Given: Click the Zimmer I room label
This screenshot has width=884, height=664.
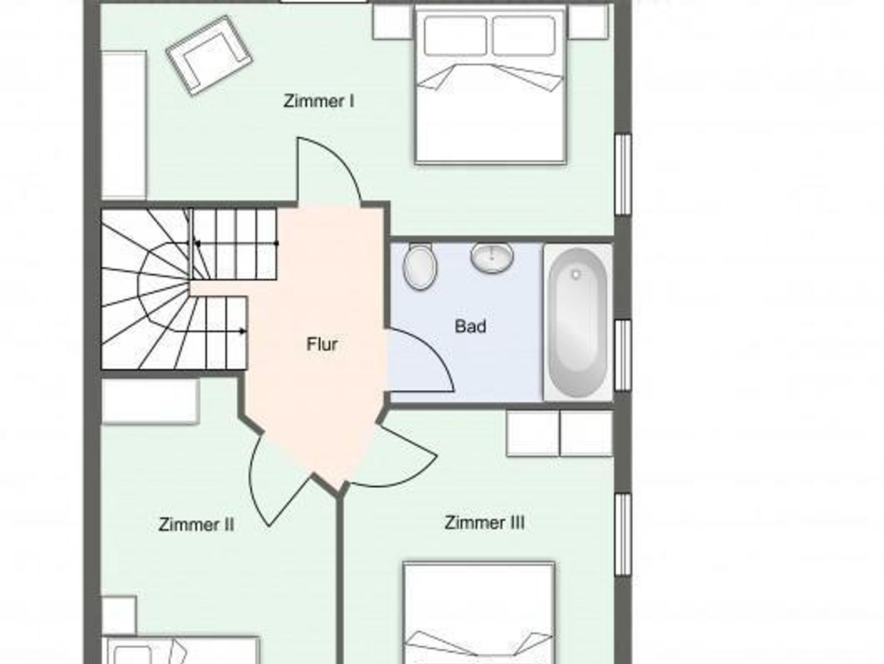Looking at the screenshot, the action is coord(319,101).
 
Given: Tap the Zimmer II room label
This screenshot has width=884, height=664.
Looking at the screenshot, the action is coord(196,525).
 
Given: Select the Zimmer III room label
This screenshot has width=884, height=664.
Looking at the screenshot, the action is coord(485,522).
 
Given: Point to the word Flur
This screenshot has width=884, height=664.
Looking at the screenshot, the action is coord(322,344).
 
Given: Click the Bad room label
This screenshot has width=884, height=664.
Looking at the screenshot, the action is coord(470,326).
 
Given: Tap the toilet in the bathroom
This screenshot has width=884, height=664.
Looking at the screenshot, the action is coord(420,266).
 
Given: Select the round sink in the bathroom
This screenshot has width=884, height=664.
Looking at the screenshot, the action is coord(492,257).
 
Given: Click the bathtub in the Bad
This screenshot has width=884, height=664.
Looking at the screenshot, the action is coord(578,322).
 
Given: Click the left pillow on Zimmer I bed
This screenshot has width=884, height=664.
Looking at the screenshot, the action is coord(455,36).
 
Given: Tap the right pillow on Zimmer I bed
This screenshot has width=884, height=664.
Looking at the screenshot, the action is coord(524,36).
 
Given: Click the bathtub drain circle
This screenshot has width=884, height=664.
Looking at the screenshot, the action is coord(576,274).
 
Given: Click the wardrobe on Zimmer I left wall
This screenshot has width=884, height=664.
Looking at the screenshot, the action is coord(124,126).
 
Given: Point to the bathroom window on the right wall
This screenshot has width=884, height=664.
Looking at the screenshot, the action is coord(622,355).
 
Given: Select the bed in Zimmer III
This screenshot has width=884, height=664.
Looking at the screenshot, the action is coord(479,613).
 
